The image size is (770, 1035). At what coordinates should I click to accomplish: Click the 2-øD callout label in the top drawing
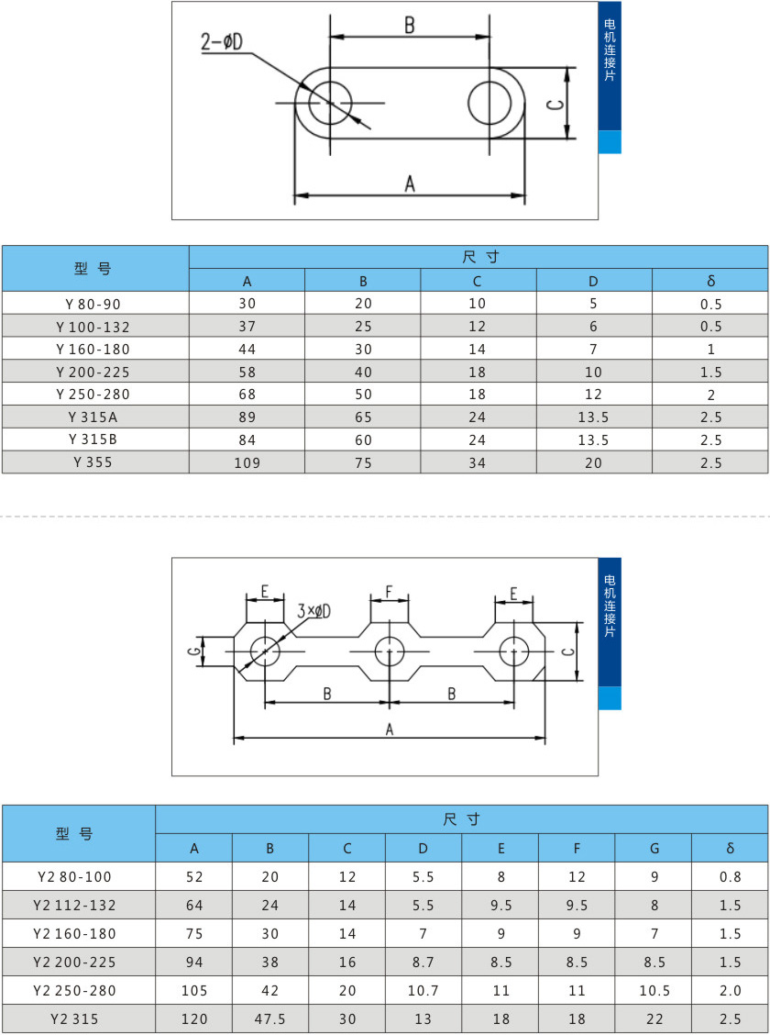point(224,42)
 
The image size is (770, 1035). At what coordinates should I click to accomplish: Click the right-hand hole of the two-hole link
point(490,103)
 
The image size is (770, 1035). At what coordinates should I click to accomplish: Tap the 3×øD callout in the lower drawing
point(313,611)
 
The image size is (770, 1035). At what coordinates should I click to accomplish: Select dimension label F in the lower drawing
point(389,593)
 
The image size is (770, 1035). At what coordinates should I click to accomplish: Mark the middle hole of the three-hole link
point(390,651)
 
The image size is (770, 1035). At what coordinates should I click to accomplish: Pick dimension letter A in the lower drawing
point(389,729)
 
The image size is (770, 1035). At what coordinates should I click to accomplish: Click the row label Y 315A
point(94,417)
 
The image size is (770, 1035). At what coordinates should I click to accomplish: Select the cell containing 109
point(247,462)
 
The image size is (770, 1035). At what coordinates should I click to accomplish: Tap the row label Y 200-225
point(94,372)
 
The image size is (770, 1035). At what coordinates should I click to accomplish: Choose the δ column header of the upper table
point(710,281)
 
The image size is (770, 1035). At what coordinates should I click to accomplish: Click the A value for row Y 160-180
point(247,349)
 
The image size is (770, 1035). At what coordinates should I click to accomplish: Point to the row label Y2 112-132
point(75,905)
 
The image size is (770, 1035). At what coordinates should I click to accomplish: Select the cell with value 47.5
point(270,1018)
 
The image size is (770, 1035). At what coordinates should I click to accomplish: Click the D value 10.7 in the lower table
point(423,990)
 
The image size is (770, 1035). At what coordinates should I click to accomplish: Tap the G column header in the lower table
point(654,848)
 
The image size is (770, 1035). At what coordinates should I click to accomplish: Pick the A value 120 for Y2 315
point(194,1018)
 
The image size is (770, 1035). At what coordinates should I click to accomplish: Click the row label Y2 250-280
point(75,990)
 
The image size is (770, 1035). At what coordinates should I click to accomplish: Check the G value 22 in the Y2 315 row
point(654,1018)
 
